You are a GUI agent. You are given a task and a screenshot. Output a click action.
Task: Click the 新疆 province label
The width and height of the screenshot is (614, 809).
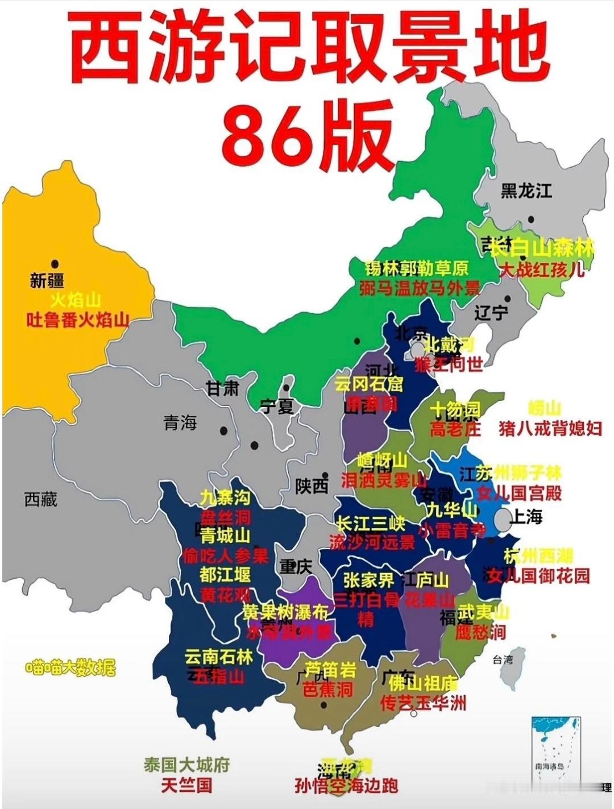pyautogui.click(x=47, y=281)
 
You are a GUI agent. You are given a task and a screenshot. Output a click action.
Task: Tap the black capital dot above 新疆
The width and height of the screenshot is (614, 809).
pyautogui.click(x=55, y=264)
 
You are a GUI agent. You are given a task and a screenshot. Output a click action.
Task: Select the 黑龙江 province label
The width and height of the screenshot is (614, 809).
pyautogui.click(x=526, y=190)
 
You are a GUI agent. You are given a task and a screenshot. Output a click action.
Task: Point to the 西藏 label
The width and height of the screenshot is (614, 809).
pyautogui.click(x=41, y=499)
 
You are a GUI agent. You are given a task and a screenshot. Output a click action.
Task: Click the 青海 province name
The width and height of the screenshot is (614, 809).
pyautogui.click(x=180, y=422)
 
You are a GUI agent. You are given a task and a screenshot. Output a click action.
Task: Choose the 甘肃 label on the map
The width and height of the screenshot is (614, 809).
pyautogui.click(x=223, y=388)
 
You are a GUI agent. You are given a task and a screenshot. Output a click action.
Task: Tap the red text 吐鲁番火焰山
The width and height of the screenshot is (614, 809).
pyautogui.click(x=78, y=321)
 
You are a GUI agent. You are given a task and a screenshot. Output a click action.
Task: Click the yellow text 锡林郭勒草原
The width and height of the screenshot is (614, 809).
pyautogui.click(x=417, y=267)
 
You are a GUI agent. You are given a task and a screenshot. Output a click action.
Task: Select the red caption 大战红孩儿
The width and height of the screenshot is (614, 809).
pyautogui.click(x=542, y=269)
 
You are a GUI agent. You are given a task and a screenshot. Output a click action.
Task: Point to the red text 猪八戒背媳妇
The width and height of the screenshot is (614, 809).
pyautogui.click(x=550, y=428)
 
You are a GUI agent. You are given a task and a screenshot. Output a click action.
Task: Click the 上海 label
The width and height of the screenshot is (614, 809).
pyautogui.click(x=526, y=516)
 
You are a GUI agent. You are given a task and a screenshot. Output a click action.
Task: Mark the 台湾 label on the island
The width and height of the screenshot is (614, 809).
pyautogui.click(x=502, y=660)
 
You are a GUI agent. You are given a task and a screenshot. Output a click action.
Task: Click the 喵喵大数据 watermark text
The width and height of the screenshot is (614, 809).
pyautogui.click(x=70, y=668)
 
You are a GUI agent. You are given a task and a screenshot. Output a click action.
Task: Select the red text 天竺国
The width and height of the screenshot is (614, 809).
pyautogui.click(x=186, y=786)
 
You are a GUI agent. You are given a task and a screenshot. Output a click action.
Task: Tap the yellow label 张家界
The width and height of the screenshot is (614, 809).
pyautogui.click(x=368, y=580)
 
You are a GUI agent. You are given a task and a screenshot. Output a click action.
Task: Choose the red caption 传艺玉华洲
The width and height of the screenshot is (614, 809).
pyautogui.click(x=423, y=703)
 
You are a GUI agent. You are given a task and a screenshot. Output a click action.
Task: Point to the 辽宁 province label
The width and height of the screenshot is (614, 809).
pyautogui.click(x=491, y=312)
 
